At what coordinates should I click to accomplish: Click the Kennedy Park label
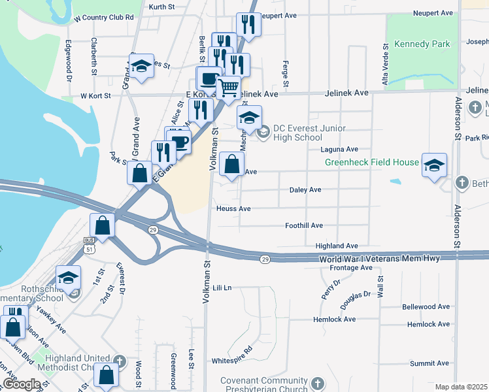pos(422,44)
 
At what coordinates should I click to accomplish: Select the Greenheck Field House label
pos(372,162)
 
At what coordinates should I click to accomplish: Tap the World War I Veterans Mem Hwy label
pos(379,259)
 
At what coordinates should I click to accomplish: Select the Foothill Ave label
pos(304,225)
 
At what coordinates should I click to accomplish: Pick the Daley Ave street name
pos(305,189)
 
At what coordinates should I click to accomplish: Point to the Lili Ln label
pos(223,287)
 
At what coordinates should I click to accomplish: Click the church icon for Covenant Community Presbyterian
pos(317,384)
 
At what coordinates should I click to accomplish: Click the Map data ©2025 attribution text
pos(462,387)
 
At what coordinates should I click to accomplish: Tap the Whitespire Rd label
pos(232,360)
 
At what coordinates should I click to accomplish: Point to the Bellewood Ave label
pos(426,306)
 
